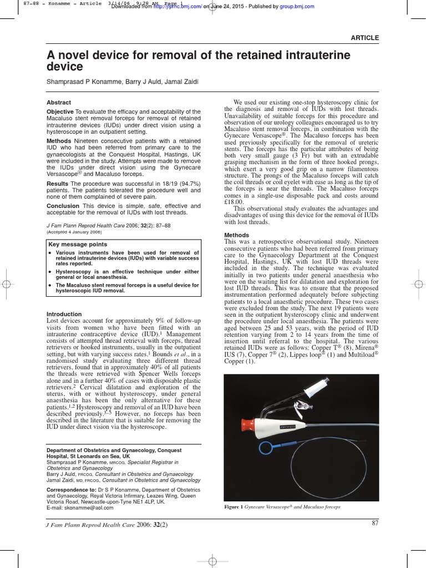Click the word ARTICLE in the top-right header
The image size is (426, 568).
pyautogui.click(x=364, y=38)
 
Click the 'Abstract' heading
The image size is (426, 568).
pyautogui.click(x=59, y=103)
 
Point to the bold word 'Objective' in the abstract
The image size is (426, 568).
pyautogui.click(x=60, y=112)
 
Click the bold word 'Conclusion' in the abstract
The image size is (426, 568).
pyautogui.click(x=63, y=206)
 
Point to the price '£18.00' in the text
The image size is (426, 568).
pyautogui.click(x=235, y=203)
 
